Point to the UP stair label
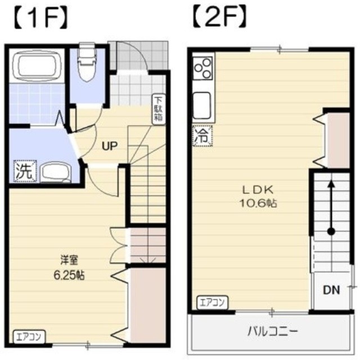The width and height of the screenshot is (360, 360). [x=109, y=146]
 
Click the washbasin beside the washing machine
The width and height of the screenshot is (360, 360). [x=54, y=171]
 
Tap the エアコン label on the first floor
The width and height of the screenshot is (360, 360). [x=26, y=338]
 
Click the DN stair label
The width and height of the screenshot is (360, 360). [x=331, y=290]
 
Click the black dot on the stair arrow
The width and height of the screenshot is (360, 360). [x=331, y=231]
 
